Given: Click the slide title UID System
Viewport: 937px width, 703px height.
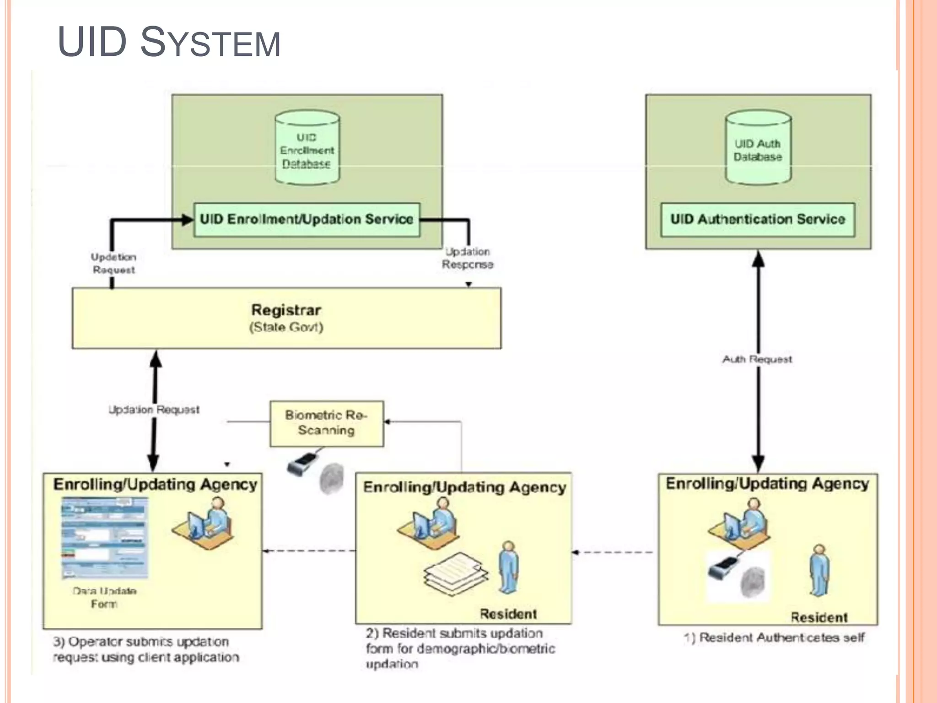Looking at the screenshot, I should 169,42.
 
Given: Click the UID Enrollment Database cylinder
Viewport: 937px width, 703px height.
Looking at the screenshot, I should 307,149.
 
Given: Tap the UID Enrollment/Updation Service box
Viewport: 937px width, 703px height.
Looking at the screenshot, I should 307,220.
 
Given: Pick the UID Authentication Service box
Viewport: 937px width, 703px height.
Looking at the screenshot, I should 758,220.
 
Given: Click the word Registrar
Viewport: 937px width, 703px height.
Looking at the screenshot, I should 286,310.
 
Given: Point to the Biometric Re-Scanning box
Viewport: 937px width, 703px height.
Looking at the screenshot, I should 326,423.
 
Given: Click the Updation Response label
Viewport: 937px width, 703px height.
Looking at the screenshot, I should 467,258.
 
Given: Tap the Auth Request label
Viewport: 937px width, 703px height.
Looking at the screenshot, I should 757,359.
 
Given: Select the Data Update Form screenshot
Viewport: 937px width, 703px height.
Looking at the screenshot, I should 105,538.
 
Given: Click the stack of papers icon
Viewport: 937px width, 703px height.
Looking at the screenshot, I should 455,574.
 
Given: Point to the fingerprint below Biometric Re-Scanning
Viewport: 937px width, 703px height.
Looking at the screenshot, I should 331,479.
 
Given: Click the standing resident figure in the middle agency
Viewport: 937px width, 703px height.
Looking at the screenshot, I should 508,568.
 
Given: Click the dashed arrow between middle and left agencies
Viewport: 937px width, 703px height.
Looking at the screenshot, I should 309,551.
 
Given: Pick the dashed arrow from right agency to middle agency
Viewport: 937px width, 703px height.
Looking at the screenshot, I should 613,552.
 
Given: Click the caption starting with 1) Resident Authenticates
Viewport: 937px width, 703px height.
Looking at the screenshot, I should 774,638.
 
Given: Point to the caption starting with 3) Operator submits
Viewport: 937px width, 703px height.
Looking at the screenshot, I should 145,649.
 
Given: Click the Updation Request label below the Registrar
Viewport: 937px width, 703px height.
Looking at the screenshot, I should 154,409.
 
